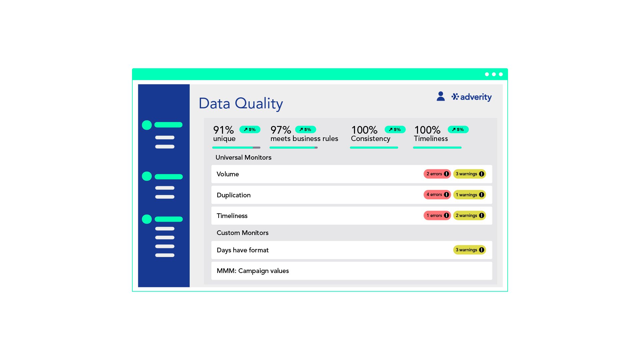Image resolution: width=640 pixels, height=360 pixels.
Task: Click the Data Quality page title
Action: [x=241, y=104]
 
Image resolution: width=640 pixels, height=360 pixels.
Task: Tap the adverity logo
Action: [x=471, y=97]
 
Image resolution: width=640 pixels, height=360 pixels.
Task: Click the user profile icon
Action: [x=441, y=96]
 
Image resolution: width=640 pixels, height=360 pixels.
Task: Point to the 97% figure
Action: [x=281, y=130]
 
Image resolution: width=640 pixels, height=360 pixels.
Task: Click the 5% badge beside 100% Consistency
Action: [x=395, y=129]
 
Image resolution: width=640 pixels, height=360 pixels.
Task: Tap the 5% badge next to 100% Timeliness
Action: [x=458, y=129]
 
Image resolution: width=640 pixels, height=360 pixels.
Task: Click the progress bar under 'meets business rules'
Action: [x=293, y=147]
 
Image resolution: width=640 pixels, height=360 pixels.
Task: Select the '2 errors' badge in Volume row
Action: [x=437, y=174]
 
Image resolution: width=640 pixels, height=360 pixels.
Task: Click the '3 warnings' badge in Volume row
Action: [x=469, y=174]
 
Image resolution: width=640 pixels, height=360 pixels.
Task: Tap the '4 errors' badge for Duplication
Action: [x=437, y=195]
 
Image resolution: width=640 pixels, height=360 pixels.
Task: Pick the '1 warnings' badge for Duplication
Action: [x=469, y=195]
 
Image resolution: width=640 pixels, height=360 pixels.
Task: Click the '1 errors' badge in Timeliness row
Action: [x=437, y=215]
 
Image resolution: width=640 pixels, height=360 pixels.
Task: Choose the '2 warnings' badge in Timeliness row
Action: [x=469, y=215]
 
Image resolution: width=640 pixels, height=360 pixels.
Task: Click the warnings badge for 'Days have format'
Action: [x=469, y=250]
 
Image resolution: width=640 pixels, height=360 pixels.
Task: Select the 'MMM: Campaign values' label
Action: [x=253, y=271]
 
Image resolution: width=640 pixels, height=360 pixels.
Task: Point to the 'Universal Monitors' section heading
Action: [x=243, y=157]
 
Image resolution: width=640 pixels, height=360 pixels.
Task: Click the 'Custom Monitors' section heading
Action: [x=242, y=233]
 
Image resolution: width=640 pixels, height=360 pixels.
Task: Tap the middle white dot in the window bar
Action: [x=494, y=74]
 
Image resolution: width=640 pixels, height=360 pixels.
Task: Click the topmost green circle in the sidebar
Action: [x=147, y=125]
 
